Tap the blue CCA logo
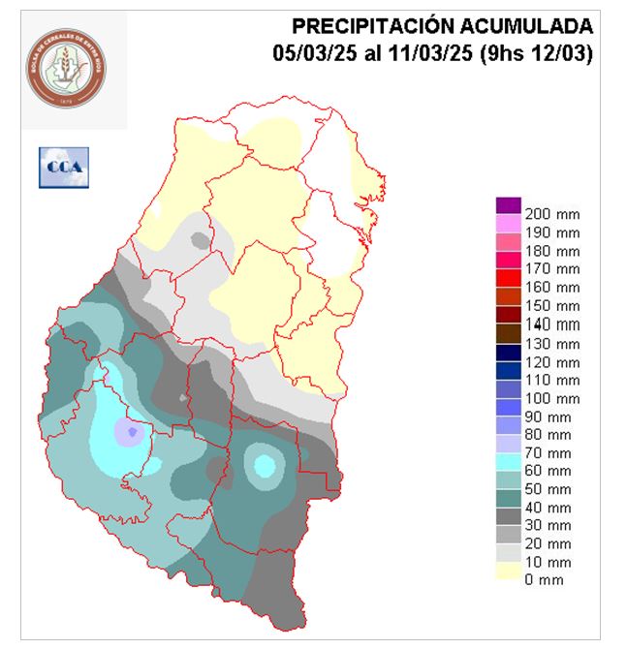(63, 168)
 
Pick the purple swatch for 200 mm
(509, 204)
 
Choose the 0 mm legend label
(544, 580)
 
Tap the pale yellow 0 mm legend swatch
(509, 572)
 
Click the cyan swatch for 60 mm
(509, 462)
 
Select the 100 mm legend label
(551, 398)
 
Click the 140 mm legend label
(551, 324)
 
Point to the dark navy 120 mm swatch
(509, 352)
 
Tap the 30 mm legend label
(548, 526)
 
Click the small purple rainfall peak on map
(132, 432)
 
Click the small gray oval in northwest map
(200, 239)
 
